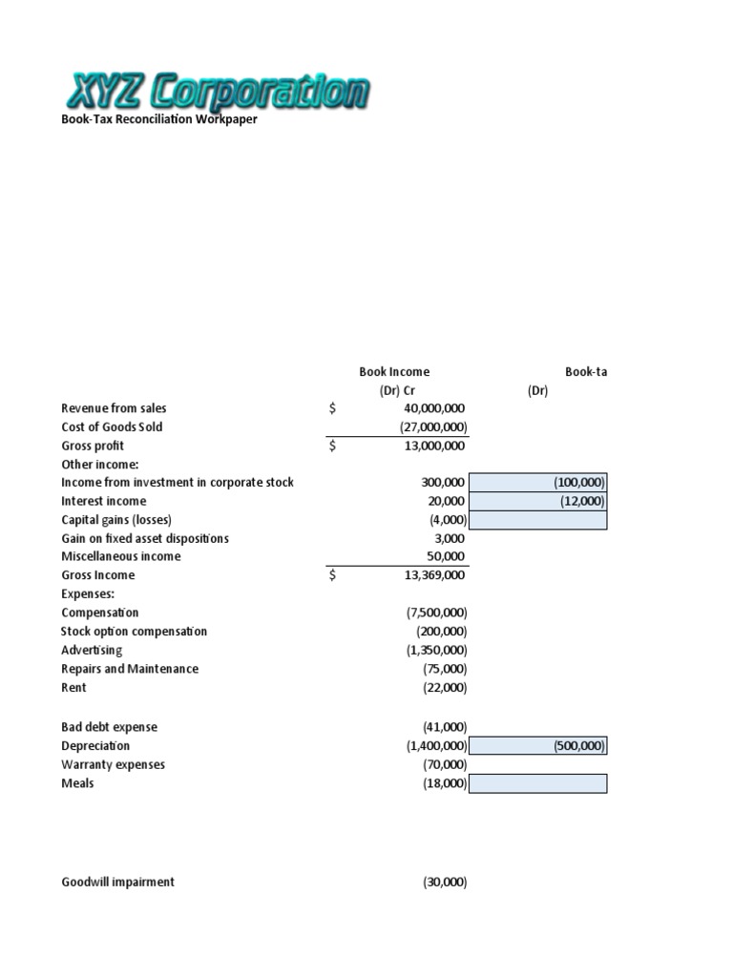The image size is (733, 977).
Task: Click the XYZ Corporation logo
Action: pos(217,94)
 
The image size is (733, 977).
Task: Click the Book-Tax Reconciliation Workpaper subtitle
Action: pos(159,120)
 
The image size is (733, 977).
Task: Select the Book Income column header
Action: pos(394,372)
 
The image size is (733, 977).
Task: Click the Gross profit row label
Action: pos(93,446)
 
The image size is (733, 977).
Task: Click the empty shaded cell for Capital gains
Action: pos(538,520)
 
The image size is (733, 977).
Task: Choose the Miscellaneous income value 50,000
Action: pos(447,556)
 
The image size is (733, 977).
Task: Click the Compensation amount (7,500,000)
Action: pos(436,613)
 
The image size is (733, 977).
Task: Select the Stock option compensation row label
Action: pos(134,632)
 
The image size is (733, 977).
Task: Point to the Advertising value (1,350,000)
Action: pos(436,650)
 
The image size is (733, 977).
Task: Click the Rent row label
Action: pos(73,687)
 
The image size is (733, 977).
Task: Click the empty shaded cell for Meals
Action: pos(538,783)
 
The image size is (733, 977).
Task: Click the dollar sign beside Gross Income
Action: pos(332,575)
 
